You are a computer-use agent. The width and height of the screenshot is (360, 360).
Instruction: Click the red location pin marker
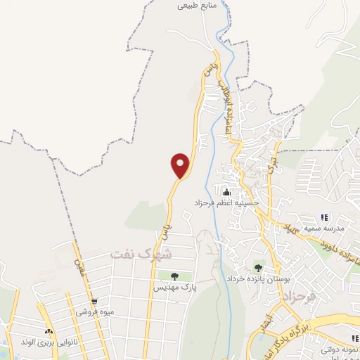tap(181, 165)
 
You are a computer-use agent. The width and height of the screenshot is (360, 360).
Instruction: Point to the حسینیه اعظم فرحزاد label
tap(227, 202)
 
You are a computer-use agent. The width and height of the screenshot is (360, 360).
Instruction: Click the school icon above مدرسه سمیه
tap(324, 217)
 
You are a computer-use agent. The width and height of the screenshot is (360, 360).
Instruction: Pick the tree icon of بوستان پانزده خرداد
tap(259, 267)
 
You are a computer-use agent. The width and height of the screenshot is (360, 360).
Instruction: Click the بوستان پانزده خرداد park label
tap(258, 278)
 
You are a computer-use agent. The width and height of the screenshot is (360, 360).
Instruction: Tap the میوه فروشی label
tap(93, 312)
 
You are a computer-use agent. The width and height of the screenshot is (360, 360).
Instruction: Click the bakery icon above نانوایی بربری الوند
tap(49, 330)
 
